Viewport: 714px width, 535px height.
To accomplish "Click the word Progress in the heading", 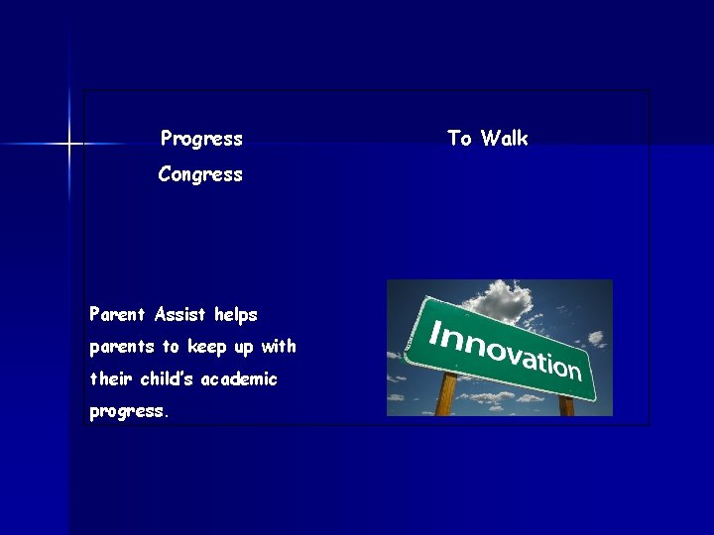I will click(201, 139).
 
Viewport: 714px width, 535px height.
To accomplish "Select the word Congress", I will click(200, 175).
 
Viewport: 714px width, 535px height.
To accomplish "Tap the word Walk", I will click(505, 139).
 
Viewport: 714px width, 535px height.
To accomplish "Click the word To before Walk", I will click(459, 139).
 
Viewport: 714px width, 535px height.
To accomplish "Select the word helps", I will click(235, 315).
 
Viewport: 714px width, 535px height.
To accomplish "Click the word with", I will click(279, 347).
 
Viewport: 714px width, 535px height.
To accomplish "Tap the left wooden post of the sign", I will click(446, 395).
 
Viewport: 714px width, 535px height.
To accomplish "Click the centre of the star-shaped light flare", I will click(69, 145).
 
